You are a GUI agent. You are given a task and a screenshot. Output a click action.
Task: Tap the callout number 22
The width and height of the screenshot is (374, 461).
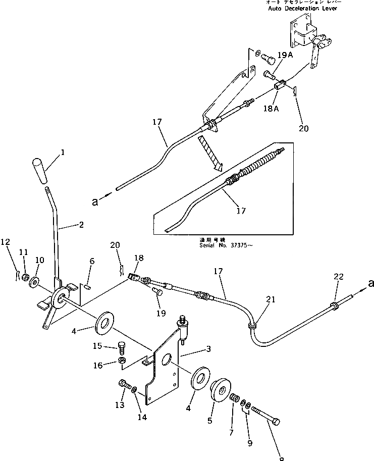tap(339, 276)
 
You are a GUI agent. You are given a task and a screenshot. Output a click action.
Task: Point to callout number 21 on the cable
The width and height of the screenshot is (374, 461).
tap(271, 299)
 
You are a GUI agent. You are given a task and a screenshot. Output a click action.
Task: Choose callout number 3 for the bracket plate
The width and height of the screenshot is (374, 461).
tap(193, 348)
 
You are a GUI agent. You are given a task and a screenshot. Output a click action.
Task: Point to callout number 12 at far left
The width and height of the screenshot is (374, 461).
tap(6, 242)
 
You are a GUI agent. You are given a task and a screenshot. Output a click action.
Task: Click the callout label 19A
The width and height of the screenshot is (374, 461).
tap(285, 56)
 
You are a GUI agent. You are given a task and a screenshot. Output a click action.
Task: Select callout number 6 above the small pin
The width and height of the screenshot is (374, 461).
tap(92, 261)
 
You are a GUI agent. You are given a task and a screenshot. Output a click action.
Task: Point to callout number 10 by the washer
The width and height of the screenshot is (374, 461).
tap(39, 260)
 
